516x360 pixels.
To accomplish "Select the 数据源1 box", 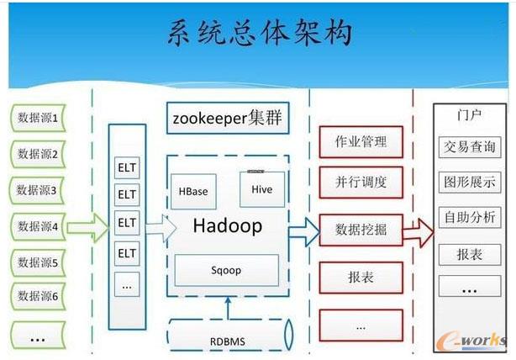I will pos(38,119).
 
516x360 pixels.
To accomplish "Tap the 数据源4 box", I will pos(38,226).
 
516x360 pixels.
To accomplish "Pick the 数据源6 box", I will pos(38,296).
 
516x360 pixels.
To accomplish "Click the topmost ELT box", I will pos(127,167).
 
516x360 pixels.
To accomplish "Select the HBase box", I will pos(192,192).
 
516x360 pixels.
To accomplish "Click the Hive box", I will pos(261,190).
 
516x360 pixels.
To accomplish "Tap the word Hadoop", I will pos(227,225).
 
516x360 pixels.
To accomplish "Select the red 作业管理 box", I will pos(361,141).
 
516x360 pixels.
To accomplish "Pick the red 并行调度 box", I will pos(361,183).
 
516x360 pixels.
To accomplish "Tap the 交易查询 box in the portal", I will pos(469,146).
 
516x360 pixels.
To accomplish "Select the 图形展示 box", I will pos(469,182).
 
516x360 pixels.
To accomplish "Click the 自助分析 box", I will pos(469,217).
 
